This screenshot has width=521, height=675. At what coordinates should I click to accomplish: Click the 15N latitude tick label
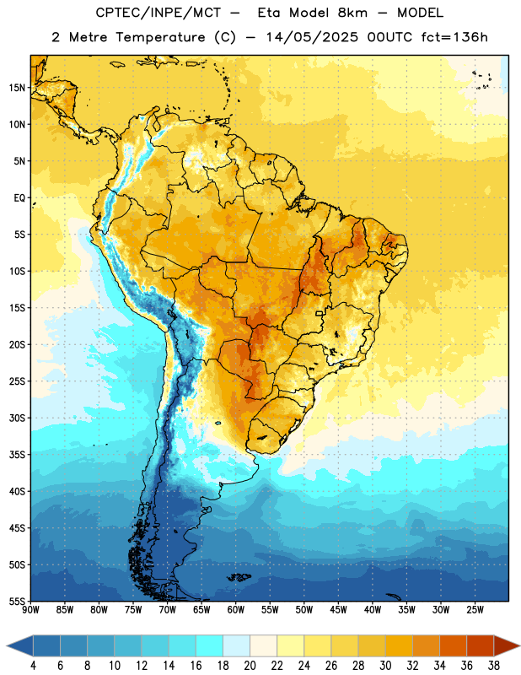[x=17, y=88]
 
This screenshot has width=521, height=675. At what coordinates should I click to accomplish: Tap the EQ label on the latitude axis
[x=19, y=198]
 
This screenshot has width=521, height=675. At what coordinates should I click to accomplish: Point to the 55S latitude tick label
[x=17, y=601]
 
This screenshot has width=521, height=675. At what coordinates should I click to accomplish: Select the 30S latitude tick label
[x=17, y=418]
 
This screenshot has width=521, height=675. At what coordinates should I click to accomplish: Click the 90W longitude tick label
[x=31, y=610]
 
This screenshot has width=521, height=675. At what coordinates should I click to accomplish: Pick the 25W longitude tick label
[x=475, y=610]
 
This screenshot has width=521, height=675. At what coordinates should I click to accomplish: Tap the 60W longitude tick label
[x=236, y=610]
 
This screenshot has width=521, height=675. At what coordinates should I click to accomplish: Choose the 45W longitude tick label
[x=338, y=610]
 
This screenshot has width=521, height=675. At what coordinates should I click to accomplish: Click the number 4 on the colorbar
[x=33, y=666]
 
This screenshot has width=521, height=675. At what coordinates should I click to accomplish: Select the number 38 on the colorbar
[x=493, y=666]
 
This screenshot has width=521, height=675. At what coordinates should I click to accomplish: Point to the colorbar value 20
[x=250, y=666]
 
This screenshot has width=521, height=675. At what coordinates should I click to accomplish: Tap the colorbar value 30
[x=385, y=666]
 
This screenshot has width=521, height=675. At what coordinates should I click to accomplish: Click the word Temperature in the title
[x=160, y=37]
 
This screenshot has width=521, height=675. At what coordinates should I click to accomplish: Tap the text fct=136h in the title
[x=454, y=37]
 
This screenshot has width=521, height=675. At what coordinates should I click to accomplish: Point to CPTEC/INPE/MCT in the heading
[x=158, y=13]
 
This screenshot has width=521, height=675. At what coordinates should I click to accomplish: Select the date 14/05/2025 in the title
[x=312, y=37]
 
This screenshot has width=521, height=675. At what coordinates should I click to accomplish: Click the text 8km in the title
[x=352, y=13]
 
